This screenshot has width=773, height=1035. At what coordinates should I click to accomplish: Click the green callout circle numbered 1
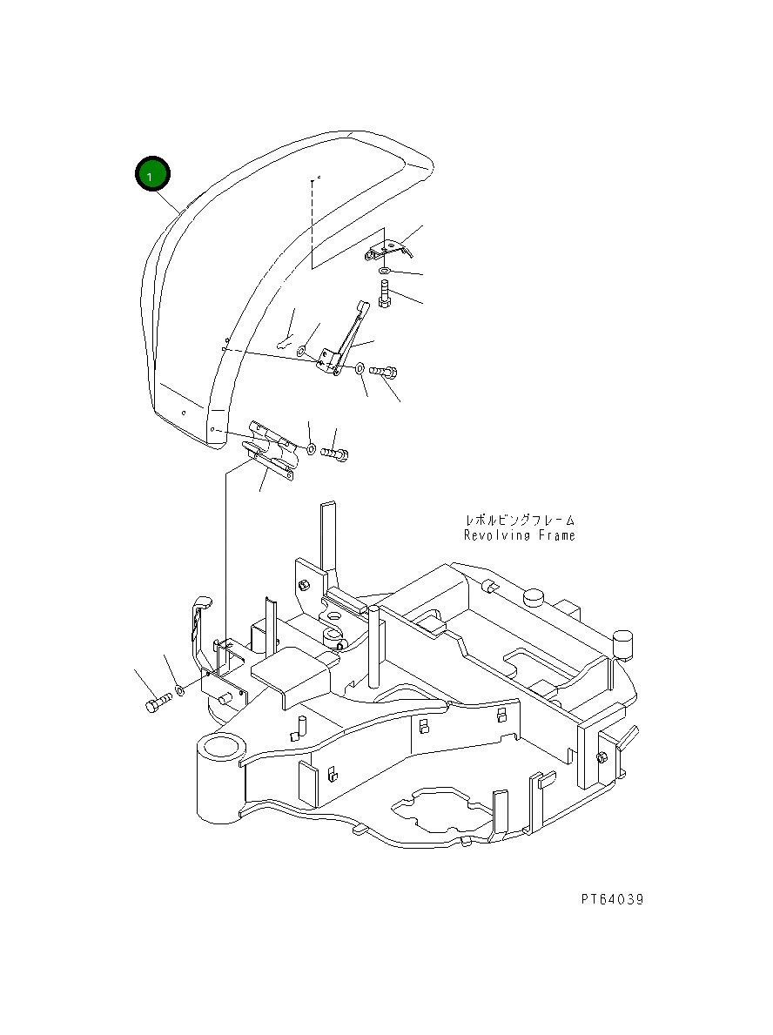click(x=153, y=175)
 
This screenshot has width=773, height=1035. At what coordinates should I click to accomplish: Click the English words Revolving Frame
click(x=519, y=536)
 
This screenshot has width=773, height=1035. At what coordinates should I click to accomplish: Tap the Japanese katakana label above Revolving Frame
click(x=519, y=520)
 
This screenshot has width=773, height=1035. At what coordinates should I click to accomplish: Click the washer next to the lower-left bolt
click(x=178, y=689)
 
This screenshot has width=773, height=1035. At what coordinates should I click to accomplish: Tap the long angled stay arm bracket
click(x=345, y=343)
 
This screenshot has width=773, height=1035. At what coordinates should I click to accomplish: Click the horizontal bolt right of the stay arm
click(x=383, y=372)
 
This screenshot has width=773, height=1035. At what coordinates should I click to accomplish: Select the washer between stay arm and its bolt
click(x=360, y=370)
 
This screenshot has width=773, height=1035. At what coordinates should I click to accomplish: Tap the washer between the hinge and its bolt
click(x=311, y=449)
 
